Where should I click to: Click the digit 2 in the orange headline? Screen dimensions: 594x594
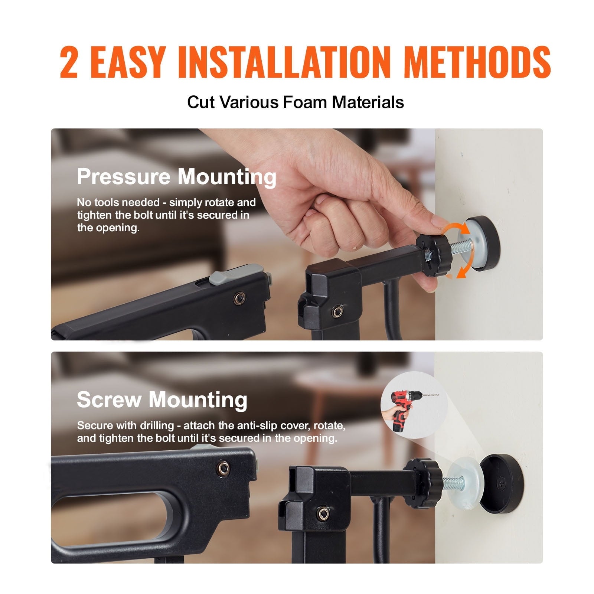pos(69,62)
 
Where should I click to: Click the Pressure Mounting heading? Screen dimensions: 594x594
pos(177,177)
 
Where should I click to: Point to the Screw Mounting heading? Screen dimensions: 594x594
pos(162,399)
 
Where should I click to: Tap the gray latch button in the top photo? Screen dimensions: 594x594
pos(236,275)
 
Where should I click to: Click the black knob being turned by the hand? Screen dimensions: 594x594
pos(432,255)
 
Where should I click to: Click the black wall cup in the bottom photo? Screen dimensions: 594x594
pos(501,484)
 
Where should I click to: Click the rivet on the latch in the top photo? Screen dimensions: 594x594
pos(239,297)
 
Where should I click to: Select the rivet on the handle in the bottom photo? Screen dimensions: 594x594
pos(223,468)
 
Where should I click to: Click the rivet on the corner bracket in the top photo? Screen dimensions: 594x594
pos(337,311)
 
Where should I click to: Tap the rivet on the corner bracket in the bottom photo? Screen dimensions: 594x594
pos(324,514)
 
